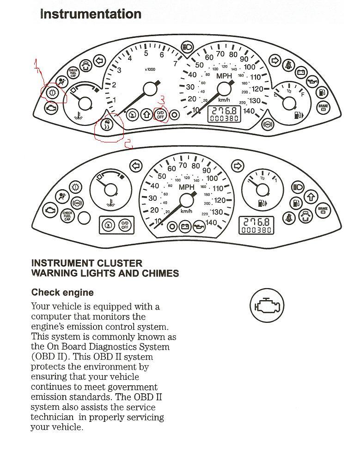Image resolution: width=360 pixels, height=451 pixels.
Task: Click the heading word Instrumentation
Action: coord(91,14)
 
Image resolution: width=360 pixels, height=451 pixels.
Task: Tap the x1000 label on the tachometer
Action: coord(150,70)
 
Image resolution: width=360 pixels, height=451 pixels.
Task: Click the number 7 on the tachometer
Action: coord(175,64)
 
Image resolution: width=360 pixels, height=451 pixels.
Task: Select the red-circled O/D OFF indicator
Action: coord(160,115)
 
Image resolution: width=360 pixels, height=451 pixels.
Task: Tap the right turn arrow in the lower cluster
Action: coord(238,166)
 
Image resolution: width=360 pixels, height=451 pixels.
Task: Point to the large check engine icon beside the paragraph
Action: coord(267,305)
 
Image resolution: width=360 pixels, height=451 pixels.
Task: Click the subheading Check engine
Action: coord(62,293)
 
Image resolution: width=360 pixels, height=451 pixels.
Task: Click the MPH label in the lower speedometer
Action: coord(186,187)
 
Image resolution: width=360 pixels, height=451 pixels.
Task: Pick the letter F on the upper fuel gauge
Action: coord(303,94)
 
